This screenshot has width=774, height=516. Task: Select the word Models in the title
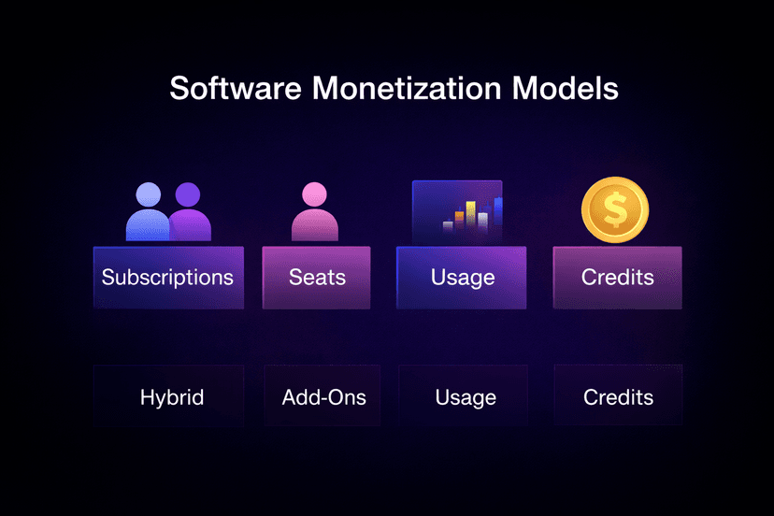point(572,89)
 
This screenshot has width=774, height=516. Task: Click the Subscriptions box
point(168,278)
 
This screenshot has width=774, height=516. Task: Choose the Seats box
point(316,278)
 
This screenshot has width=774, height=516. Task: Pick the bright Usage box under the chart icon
point(463,278)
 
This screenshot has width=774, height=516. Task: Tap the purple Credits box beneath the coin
point(617,278)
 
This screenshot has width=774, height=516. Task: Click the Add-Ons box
point(323,396)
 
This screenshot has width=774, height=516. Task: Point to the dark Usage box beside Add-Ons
point(465,396)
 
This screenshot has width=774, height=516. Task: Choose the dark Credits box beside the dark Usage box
point(618,396)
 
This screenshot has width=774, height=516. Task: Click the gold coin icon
point(615,209)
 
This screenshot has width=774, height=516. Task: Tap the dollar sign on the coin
point(615,209)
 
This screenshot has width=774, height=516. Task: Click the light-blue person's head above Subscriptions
point(149,195)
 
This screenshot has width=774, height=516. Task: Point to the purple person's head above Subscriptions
point(188,195)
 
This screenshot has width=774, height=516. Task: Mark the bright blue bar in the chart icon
point(497,212)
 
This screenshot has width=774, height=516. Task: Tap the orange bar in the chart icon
point(458,220)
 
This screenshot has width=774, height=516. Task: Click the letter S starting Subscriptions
point(107,278)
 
